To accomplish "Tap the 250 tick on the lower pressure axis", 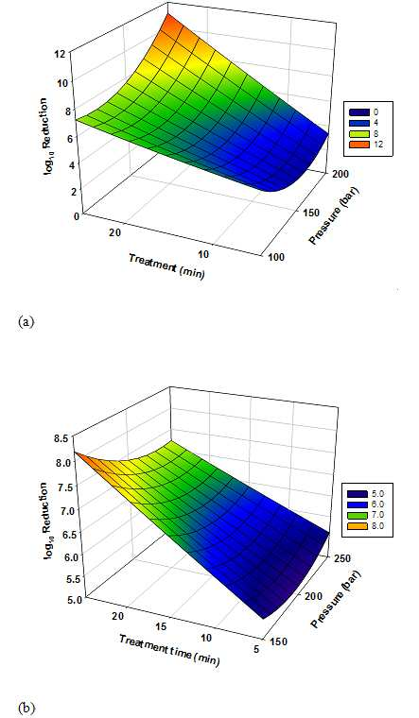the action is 342,557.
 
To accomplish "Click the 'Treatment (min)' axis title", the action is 166,265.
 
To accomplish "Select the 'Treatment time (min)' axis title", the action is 169,650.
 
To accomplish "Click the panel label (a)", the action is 26,322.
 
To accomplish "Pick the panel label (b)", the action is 26,708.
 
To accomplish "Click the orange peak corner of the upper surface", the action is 168,14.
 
